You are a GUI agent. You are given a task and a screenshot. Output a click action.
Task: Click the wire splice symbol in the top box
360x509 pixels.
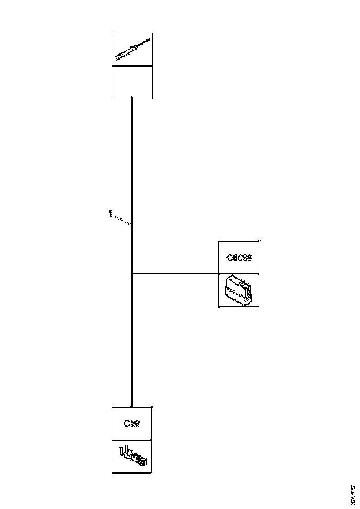pyautogui.click(x=132, y=49)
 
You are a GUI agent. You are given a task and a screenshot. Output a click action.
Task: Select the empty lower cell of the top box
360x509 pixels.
pyautogui.click(x=132, y=82)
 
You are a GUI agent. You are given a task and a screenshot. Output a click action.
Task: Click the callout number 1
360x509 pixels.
pyautogui.click(x=110, y=214)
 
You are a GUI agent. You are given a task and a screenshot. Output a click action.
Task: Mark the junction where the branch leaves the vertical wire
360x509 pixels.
pyautogui.click(x=132, y=273)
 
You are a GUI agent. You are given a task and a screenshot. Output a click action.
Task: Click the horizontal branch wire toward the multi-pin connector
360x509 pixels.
pyautogui.click(x=176, y=273)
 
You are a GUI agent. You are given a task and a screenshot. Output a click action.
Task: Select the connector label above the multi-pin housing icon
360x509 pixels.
pyautogui.click(x=239, y=258)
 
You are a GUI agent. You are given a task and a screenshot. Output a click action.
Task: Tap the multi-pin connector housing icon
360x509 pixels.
pyautogui.click(x=239, y=290)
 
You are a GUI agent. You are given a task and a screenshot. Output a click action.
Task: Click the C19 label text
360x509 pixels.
pyautogui.click(x=132, y=423)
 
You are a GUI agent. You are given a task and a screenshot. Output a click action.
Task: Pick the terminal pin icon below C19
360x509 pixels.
pyautogui.click(x=133, y=456)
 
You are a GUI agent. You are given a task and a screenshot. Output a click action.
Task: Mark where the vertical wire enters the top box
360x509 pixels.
pyautogui.click(x=132, y=98)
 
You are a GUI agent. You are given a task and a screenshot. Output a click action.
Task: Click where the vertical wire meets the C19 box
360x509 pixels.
pyautogui.click(x=132, y=407)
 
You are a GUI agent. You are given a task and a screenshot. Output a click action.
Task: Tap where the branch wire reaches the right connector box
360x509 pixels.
pyautogui.click(x=219, y=273)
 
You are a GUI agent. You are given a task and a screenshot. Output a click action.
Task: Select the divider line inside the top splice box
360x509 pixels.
pyautogui.click(x=132, y=66)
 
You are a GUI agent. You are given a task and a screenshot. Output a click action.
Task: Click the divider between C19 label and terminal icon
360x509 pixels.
pyautogui.click(x=132, y=440)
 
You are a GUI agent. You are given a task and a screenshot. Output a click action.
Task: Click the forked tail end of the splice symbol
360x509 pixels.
pyautogui.click(x=117, y=58)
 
